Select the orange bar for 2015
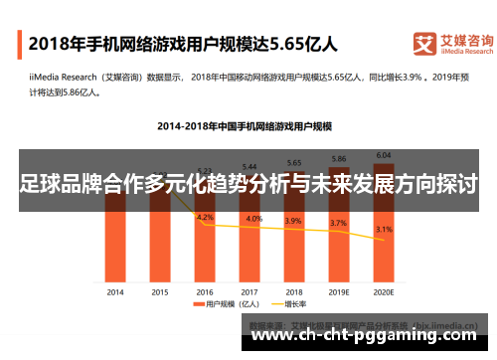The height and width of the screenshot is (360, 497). [159, 244]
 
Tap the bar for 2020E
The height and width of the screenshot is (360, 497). [383, 224]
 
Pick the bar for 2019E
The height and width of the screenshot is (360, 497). [338, 227]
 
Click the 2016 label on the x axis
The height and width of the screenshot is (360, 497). [205, 291]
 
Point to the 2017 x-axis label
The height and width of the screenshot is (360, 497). [249, 291]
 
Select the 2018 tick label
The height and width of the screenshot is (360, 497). [294, 291]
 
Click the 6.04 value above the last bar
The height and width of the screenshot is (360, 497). [383, 155]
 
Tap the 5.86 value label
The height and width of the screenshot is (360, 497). [339, 159]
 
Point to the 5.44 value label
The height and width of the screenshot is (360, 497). [249, 166]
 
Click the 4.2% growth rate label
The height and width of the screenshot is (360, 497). [205, 217]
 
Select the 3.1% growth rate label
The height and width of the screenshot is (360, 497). [384, 230]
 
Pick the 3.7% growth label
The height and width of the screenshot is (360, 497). [339, 223]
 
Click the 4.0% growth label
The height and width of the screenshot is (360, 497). [254, 219]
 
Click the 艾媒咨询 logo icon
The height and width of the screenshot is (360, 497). [424, 44]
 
